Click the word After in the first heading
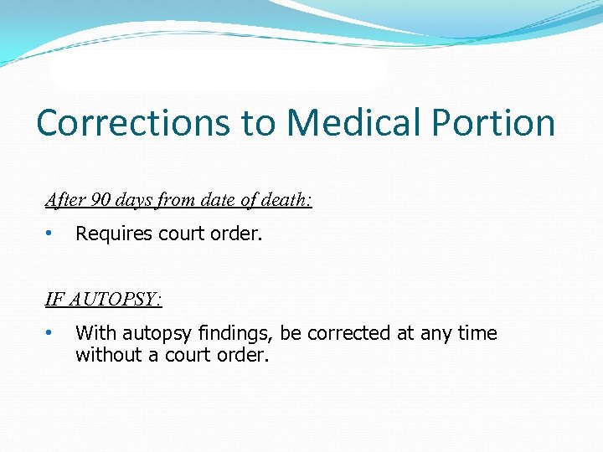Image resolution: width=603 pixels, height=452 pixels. (64, 201)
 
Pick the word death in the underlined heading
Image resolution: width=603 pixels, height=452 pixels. (286, 201)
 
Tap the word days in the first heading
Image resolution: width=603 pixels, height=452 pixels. (134, 201)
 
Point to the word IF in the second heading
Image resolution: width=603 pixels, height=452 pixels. (54, 300)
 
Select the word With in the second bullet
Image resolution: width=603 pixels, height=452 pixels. (93, 333)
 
